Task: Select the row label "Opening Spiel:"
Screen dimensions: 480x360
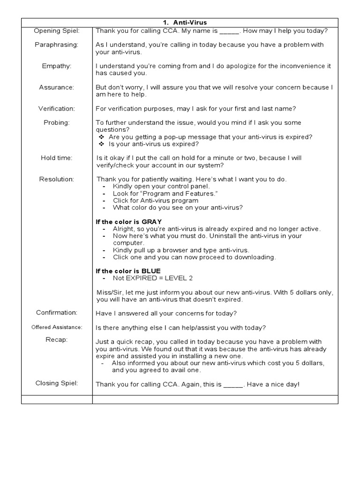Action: click(57, 31)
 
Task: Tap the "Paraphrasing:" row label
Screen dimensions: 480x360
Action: click(57, 45)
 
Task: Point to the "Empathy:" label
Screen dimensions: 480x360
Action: click(57, 66)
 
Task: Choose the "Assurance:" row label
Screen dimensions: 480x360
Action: click(57, 87)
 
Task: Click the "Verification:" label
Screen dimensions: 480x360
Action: click(57, 109)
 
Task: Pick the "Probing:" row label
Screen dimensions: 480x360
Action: click(57, 122)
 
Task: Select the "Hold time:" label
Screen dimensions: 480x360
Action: click(57, 158)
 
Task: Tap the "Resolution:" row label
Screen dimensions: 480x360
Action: click(57, 179)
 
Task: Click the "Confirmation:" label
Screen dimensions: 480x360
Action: click(57, 313)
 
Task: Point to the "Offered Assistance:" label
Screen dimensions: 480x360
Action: click(57, 327)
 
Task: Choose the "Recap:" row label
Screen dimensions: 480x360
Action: click(57, 340)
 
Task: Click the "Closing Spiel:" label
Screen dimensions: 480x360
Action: click(57, 383)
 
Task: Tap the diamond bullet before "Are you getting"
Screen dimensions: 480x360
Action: click(102, 137)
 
